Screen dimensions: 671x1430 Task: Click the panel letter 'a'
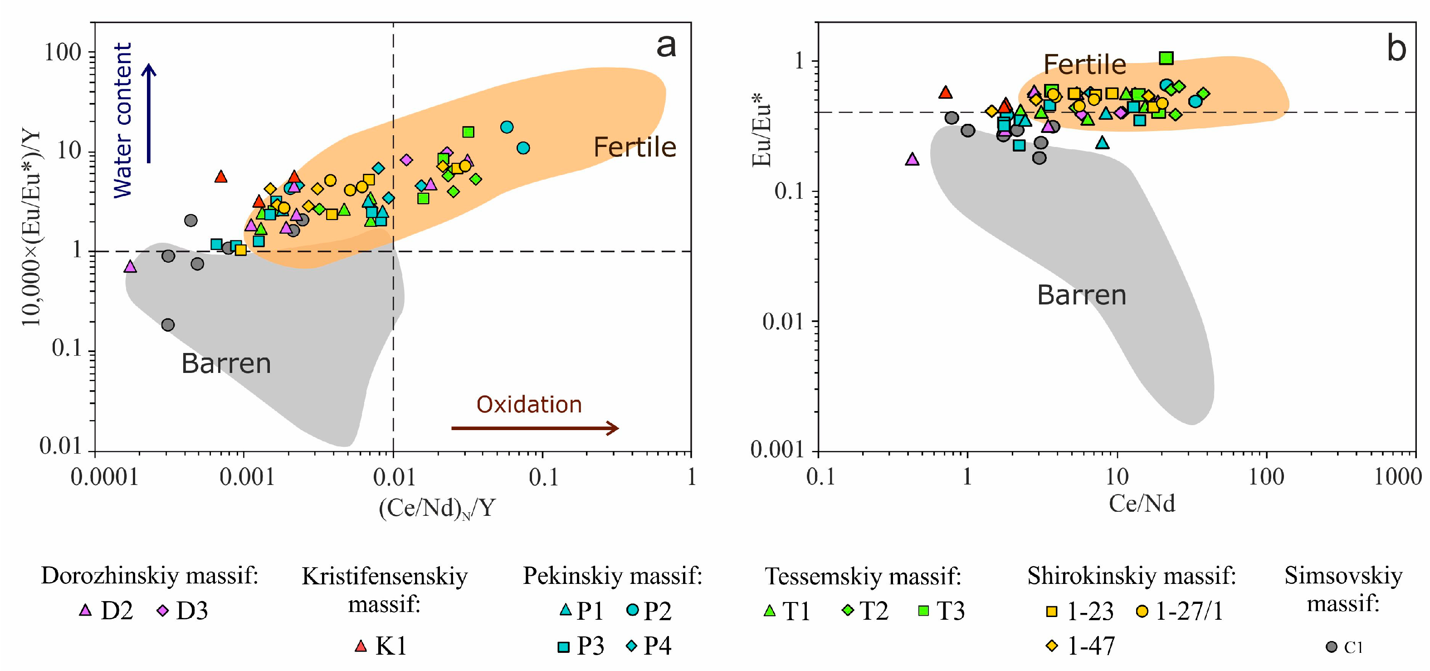point(666,45)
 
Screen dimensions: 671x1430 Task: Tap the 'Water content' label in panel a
point(123,120)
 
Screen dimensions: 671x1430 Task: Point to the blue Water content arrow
point(149,113)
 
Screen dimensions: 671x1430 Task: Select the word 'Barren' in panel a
point(226,364)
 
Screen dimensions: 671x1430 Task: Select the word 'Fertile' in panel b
point(1084,64)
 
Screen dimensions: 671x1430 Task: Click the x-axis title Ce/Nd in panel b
point(1142,503)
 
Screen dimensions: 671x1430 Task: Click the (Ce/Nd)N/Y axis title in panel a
point(436,508)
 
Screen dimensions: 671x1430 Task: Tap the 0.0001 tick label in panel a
point(104,476)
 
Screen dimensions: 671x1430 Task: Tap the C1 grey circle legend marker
point(1331,647)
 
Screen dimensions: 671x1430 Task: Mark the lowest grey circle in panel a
point(168,324)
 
